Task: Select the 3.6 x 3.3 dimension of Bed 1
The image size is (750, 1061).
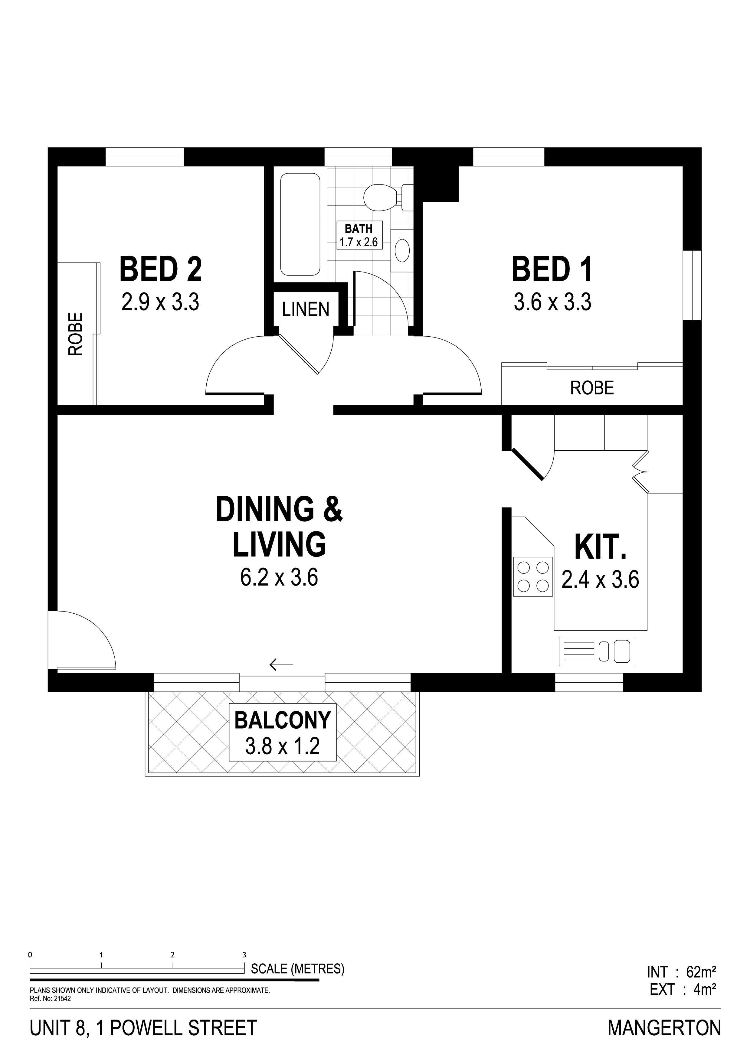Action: (x=553, y=303)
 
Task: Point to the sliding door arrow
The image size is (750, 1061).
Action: (x=281, y=664)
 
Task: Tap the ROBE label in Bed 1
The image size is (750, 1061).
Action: (x=592, y=388)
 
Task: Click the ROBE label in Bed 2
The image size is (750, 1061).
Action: (x=75, y=334)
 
